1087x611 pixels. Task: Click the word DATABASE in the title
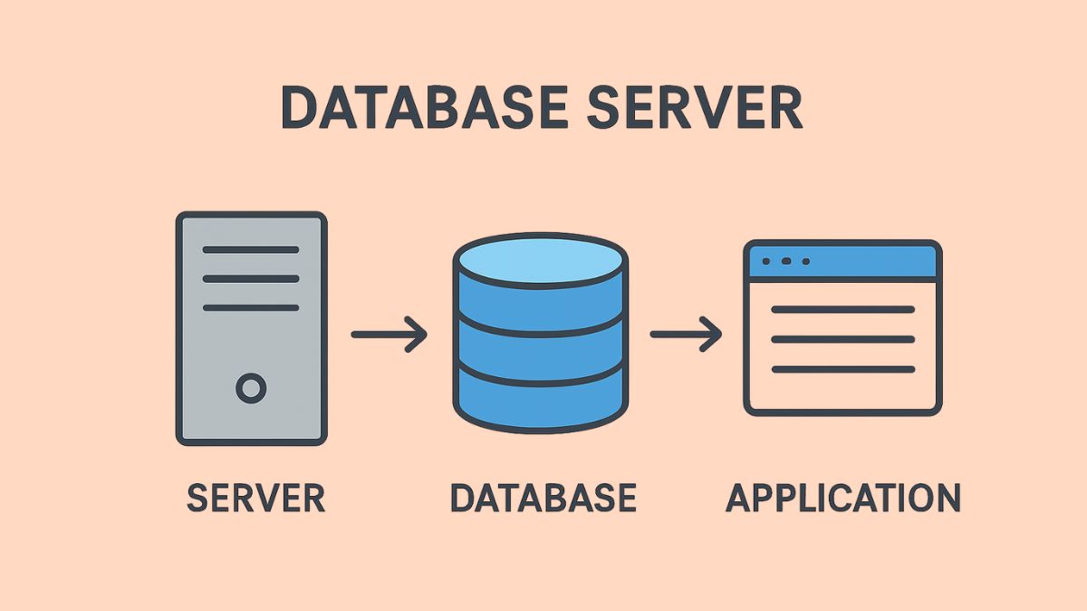[x=424, y=109]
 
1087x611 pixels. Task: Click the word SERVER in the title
[x=695, y=109]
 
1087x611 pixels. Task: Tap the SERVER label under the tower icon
[x=255, y=499]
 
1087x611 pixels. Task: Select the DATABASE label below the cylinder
[x=543, y=499]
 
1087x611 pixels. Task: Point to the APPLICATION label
[x=843, y=499]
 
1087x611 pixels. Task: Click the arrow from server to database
[x=390, y=335]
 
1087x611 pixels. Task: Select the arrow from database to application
[x=686, y=335]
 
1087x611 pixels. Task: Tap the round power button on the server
[x=251, y=389]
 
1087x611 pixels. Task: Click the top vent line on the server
[x=251, y=249]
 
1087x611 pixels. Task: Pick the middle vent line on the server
[x=251, y=278]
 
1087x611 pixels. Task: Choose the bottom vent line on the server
[x=251, y=307]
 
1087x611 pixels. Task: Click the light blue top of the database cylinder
[x=540, y=263]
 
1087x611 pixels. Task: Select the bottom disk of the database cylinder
[x=540, y=403]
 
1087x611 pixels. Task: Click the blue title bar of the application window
[x=870, y=261]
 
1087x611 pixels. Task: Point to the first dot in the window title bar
[x=766, y=261]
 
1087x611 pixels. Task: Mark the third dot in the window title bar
[x=805, y=261]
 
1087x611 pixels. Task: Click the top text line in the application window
[x=842, y=310]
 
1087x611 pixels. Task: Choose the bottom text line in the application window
[x=842, y=370]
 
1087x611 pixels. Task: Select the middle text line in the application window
[x=842, y=340]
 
